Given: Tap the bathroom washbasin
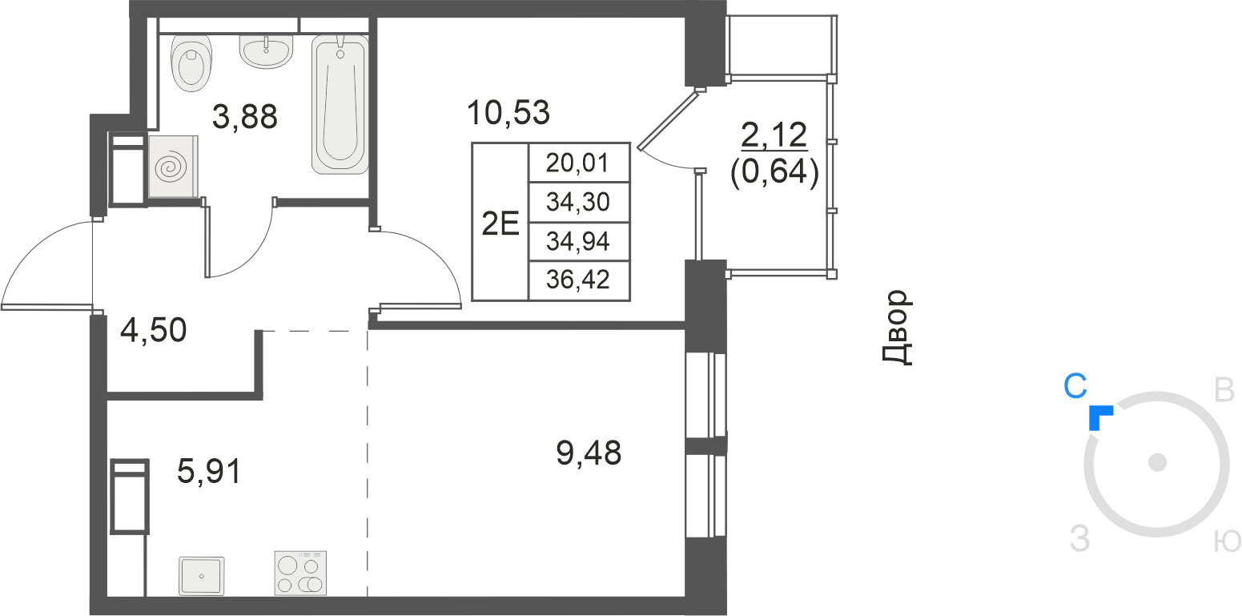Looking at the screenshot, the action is pos(266,51).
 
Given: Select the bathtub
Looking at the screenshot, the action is pos(340,104).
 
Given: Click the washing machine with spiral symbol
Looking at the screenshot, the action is pos(173,167).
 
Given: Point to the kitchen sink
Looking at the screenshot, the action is pos(201,576).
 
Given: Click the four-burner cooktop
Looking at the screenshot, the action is pos(300,574).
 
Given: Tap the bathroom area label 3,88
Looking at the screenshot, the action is pos(244,117).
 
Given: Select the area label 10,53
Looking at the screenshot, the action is pos(508,112).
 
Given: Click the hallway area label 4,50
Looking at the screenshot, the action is pos(154,331).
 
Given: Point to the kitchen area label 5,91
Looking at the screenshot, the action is pos(209,471).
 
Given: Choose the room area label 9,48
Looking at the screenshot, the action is pos(589,453).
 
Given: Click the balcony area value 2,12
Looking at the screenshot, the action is pos(774,135).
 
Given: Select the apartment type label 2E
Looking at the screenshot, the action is pos(500,223).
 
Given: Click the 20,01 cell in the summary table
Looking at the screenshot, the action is pos(577,163).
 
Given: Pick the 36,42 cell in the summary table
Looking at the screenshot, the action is pos(577,280).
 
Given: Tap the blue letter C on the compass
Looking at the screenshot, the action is pos(1075,386).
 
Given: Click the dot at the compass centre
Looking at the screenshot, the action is pos(1157,462).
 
